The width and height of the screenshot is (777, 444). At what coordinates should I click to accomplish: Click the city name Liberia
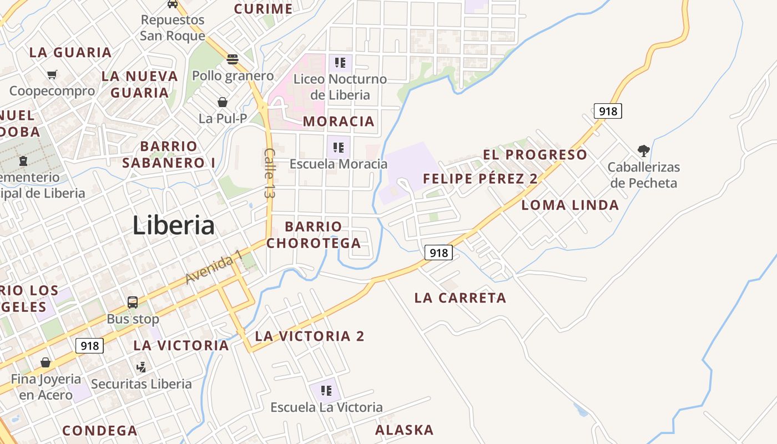click(x=174, y=225)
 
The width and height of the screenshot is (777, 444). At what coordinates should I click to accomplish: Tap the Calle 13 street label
click(x=270, y=174)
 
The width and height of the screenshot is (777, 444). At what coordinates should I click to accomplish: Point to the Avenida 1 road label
click(x=214, y=267)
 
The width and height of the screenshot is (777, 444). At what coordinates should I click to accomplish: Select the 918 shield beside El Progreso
click(x=608, y=111)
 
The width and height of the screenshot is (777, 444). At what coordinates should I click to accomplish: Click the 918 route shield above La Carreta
click(x=438, y=253)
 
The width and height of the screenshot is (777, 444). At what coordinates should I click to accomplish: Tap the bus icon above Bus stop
click(x=133, y=302)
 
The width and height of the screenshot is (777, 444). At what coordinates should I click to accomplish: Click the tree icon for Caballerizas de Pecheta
click(x=644, y=150)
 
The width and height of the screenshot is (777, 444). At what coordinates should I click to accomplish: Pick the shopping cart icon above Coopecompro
click(x=52, y=74)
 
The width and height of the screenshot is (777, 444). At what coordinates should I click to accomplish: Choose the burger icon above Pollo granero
click(x=233, y=59)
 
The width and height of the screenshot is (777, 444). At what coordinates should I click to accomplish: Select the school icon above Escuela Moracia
click(x=339, y=148)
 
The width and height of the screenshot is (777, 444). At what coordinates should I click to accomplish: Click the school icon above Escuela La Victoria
click(x=326, y=391)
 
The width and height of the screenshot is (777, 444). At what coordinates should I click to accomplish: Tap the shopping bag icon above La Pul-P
click(x=223, y=102)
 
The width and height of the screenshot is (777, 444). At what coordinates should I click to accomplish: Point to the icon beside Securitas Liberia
click(x=141, y=367)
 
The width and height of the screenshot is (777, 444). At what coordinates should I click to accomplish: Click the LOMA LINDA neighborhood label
click(x=570, y=205)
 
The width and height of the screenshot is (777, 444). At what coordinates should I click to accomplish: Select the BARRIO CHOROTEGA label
click(x=314, y=235)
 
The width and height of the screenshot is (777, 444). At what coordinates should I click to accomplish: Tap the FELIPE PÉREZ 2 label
click(x=480, y=179)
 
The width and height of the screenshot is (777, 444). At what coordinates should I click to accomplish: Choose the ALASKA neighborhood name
click(x=404, y=430)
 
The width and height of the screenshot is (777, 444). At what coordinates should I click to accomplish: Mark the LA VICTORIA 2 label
click(x=310, y=336)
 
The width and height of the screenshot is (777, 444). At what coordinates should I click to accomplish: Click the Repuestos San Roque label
click(x=172, y=28)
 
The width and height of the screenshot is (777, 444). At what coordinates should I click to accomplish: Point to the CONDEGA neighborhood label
click(x=100, y=431)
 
